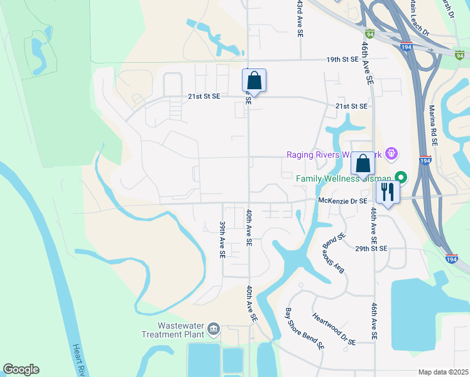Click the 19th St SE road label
342,60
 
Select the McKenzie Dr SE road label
342,200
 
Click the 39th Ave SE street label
222,239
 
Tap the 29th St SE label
371,249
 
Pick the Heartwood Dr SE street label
334,330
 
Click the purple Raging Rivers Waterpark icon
391,152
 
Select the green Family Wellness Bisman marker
397,178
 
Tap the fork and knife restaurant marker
387,192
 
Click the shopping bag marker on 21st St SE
254,81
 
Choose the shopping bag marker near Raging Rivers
363,165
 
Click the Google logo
21,369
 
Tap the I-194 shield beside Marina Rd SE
425,161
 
